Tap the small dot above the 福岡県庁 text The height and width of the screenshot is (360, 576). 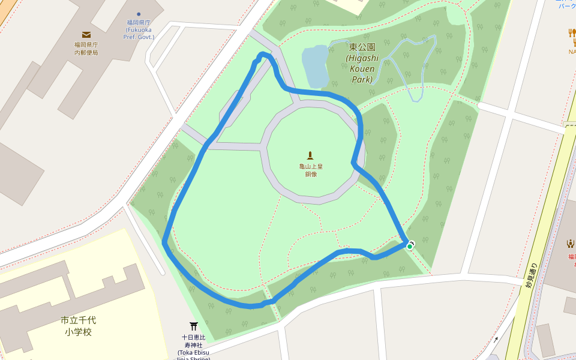tap(139, 14)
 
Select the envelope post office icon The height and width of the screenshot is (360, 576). tap(86, 35)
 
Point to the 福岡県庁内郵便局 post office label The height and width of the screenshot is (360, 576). tap(86, 49)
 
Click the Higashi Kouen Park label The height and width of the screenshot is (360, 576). tap(362, 63)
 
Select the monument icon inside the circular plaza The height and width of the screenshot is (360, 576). tap(310, 156)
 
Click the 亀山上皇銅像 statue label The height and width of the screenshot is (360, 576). tap(310, 170)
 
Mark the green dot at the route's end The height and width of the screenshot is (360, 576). tap(409, 246)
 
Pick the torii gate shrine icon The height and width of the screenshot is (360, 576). tap(194, 326)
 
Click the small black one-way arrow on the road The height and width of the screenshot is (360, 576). tap(496, 340)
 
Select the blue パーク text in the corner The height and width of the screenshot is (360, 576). tap(566, 5)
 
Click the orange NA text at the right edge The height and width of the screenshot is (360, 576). tap(572, 51)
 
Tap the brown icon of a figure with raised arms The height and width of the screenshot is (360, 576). tap(570, 244)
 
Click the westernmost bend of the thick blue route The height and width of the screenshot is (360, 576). tap(164, 242)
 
